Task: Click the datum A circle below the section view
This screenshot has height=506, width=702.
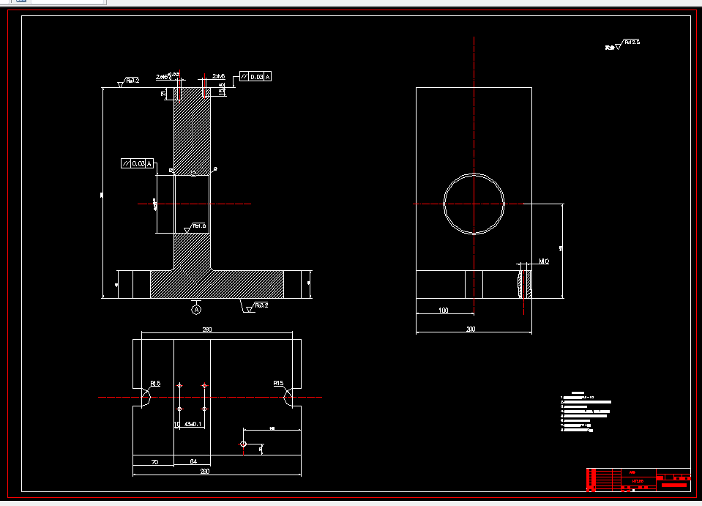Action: pyautogui.click(x=196, y=310)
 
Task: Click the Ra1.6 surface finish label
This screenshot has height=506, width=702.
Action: pyautogui.click(x=198, y=226)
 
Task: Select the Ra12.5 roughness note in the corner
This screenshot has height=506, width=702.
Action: pyautogui.click(x=630, y=43)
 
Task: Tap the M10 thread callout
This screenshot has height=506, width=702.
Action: pyautogui.click(x=544, y=261)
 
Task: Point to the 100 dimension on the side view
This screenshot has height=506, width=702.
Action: pyautogui.click(x=444, y=310)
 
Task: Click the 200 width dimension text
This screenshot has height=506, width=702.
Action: pyautogui.click(x=471, y=329)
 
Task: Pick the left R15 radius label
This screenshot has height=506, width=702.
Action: pyautogui.click(x=155, y=383)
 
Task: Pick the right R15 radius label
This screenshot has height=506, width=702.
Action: pyautogui.click(x=278, y=383)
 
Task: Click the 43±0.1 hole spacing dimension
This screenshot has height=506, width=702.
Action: pyautogui.click(x=193, y=424)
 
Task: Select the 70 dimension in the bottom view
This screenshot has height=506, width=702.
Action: pyautogui.click(x=154, y=461)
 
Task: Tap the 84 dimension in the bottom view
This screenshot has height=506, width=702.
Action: pyautogui.click(x=193, y=461)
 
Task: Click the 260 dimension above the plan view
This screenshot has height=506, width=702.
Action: pyautogui.click(x=207, y=330)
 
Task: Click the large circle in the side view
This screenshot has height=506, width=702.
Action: pyautogui.click(x=474, y=204)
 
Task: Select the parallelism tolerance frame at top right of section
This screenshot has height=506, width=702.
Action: pyautogui.click(x=256, y=76)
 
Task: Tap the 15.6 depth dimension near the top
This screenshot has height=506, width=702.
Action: pyautogui.click(x=223, y=87)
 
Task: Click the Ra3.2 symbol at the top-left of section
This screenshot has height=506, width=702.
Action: pyautogui.click(x=130, y=81)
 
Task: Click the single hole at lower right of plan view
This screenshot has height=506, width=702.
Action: pyautogui.click(x=243, y=443)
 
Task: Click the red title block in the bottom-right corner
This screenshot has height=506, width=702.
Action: pyautogui.click(x=638, y=479)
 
